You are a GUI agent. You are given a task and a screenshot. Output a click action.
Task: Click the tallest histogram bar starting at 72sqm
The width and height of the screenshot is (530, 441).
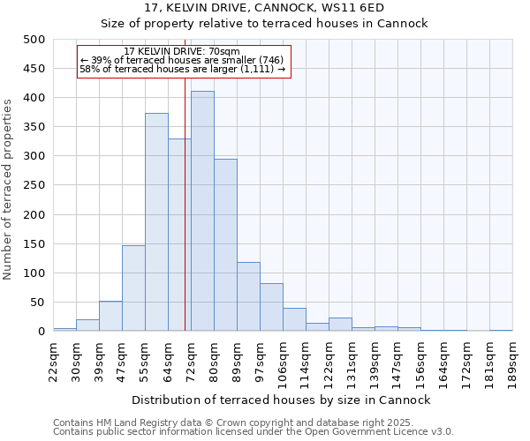(x=202, y=212)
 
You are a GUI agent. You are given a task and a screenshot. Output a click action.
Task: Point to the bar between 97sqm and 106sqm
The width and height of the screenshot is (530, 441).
(x=271, y=308)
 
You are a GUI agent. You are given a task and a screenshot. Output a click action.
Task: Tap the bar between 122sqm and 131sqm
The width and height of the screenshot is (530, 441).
(x=340, y=325)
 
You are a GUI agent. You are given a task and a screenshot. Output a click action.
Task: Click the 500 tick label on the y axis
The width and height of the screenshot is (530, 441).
(x=34, y=40)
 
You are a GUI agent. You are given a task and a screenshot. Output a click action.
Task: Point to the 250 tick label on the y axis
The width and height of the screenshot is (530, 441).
(x=34, y=185)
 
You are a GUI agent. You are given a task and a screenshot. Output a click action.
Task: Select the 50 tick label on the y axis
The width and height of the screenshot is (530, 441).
(x=37, y=303)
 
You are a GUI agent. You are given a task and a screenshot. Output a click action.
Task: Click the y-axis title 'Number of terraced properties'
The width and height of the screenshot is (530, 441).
(x=9, y=189)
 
